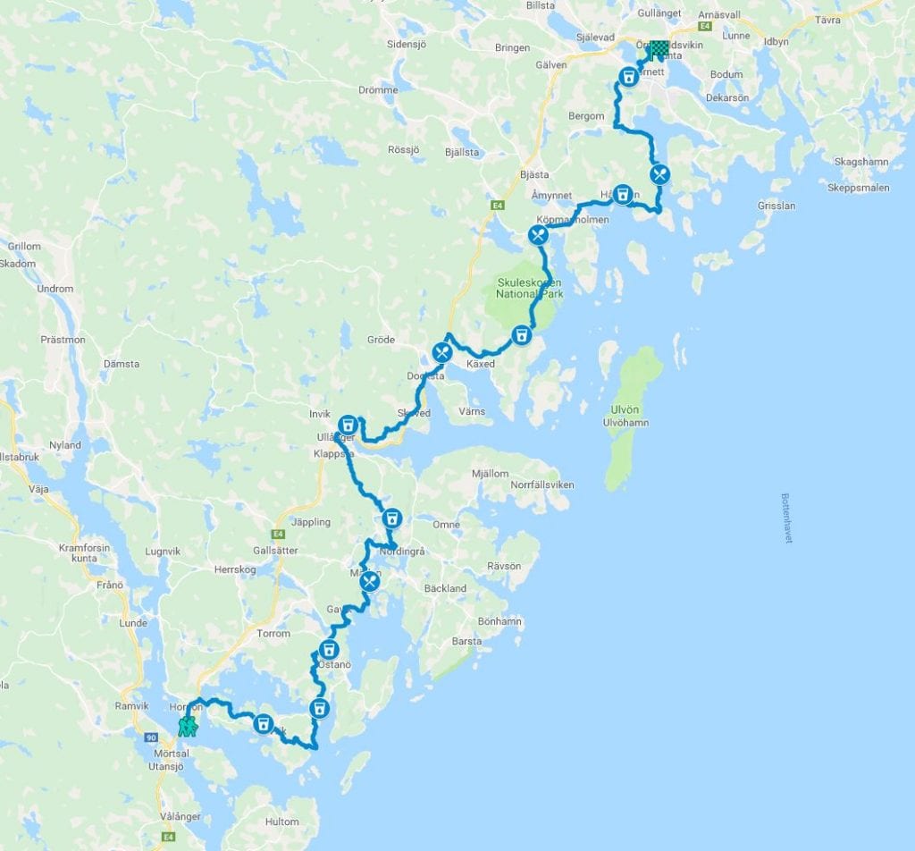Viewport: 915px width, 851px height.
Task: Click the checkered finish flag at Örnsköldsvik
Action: tap(659, 50)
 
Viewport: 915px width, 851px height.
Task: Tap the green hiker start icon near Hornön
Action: tap(188, 726)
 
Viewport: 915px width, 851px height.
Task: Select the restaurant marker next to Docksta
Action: tap(441, 352)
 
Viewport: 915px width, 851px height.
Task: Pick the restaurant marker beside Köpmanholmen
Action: tap(538, 235)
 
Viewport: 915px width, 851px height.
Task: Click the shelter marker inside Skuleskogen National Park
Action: tap(521, 336)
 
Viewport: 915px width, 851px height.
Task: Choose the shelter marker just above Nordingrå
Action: tap(391, 518)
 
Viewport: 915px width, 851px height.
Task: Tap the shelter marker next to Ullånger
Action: tap(348, 423)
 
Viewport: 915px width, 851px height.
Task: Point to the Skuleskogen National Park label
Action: tap(530, 289)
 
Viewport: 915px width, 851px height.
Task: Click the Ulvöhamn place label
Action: tap(626, 422)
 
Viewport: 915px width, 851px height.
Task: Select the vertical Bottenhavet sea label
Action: tap(786, 518)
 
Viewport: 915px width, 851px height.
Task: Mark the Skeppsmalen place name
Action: tap(859, 188)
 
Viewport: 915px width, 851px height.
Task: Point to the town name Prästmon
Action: tap(63, 340)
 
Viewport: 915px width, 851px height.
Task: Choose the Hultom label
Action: tap(281, 821)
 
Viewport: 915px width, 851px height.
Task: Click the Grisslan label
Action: tap(776, 205)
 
